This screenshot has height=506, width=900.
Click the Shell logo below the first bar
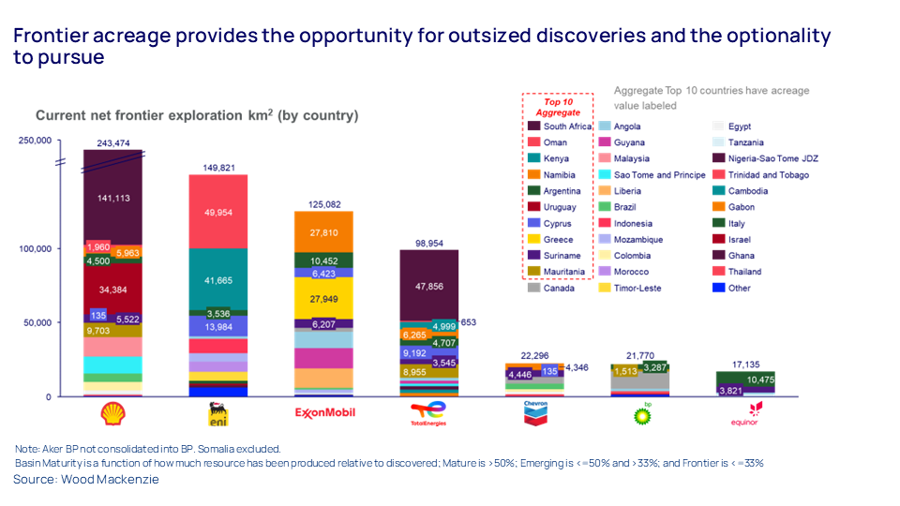(x=112, y=414)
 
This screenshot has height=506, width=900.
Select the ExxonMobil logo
(x=323, y=412)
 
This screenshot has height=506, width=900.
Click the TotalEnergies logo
(x=429, y=413)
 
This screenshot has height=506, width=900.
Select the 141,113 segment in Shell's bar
(x=112, y=198)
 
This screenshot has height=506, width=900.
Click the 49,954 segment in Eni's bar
(x=218, y=212)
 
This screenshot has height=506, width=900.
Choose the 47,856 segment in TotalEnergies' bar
(x=429, y=287)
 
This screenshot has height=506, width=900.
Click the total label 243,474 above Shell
(x=112, y=143)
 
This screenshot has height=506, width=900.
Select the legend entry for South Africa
(x=559, y=126)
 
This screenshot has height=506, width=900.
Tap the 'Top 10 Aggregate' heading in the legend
(x=558, y=107)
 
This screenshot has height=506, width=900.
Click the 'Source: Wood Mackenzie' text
(x=86, y=479)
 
